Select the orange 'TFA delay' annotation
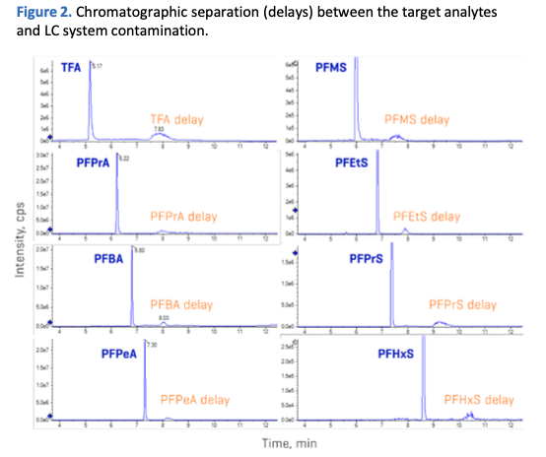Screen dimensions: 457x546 coord(176,119)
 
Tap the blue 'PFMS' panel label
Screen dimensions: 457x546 coord(330,68)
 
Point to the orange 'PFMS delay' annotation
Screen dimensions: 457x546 coord(417,119)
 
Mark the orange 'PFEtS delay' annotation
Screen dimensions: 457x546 coord(426,216)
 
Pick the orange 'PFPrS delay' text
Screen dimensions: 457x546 coord(463,305)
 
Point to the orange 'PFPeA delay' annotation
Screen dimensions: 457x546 coord(194,400)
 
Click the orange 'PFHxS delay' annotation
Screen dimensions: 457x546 coord(479,400)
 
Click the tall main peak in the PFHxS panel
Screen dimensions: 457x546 coord(424,384)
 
